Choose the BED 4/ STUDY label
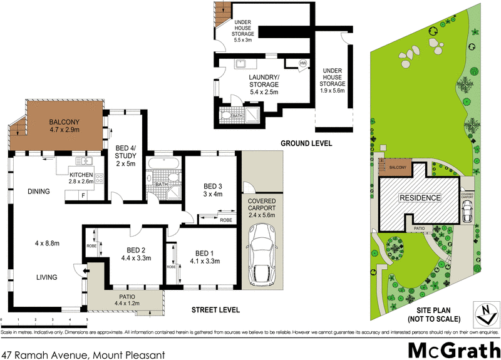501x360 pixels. click(127, 153)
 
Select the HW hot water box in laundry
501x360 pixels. click(302, 63)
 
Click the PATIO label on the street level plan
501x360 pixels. click(125, 297)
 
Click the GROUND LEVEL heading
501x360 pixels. click(306, 143)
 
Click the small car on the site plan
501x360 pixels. click(467, 213)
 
